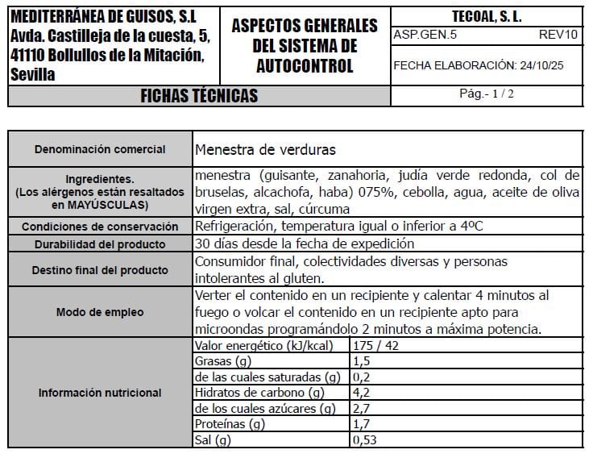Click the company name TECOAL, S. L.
coord(486,16)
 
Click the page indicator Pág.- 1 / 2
coord(486,94)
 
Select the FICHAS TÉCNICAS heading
coord(199,96)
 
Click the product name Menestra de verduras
coord(265,149)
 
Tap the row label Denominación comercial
coord(100,149)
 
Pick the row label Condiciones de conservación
coord(100,227)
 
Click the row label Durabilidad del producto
coord(100,244)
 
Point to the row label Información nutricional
coord(100,393)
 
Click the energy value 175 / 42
coord(376,346)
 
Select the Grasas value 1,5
coord(362,361)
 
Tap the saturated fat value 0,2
coord(362,377)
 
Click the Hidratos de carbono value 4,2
coord(362,393)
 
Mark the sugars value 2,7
coord(362,409)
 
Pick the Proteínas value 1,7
coord(362,424)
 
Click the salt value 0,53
coord(365,439)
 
